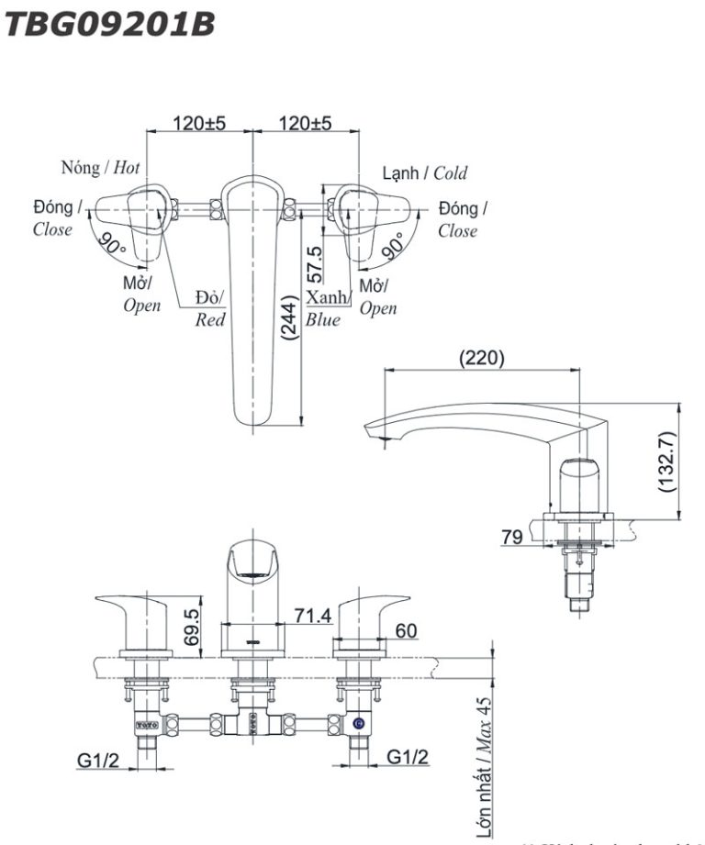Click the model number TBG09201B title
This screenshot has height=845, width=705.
(x=110, y=25)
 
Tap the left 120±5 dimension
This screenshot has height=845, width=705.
(x=199, y=123)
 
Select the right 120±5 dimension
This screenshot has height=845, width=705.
(x=305, y=123)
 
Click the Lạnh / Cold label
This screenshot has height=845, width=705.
(x=425, y=172)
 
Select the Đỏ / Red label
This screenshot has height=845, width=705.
(x=210, y=309)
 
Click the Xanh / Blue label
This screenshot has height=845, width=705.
(x=327, y=308)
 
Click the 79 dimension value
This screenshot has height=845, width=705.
(x=512, y=537)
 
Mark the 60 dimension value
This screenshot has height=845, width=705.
(x=406, y=630)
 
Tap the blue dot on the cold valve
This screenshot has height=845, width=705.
(x=357, y=725)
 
